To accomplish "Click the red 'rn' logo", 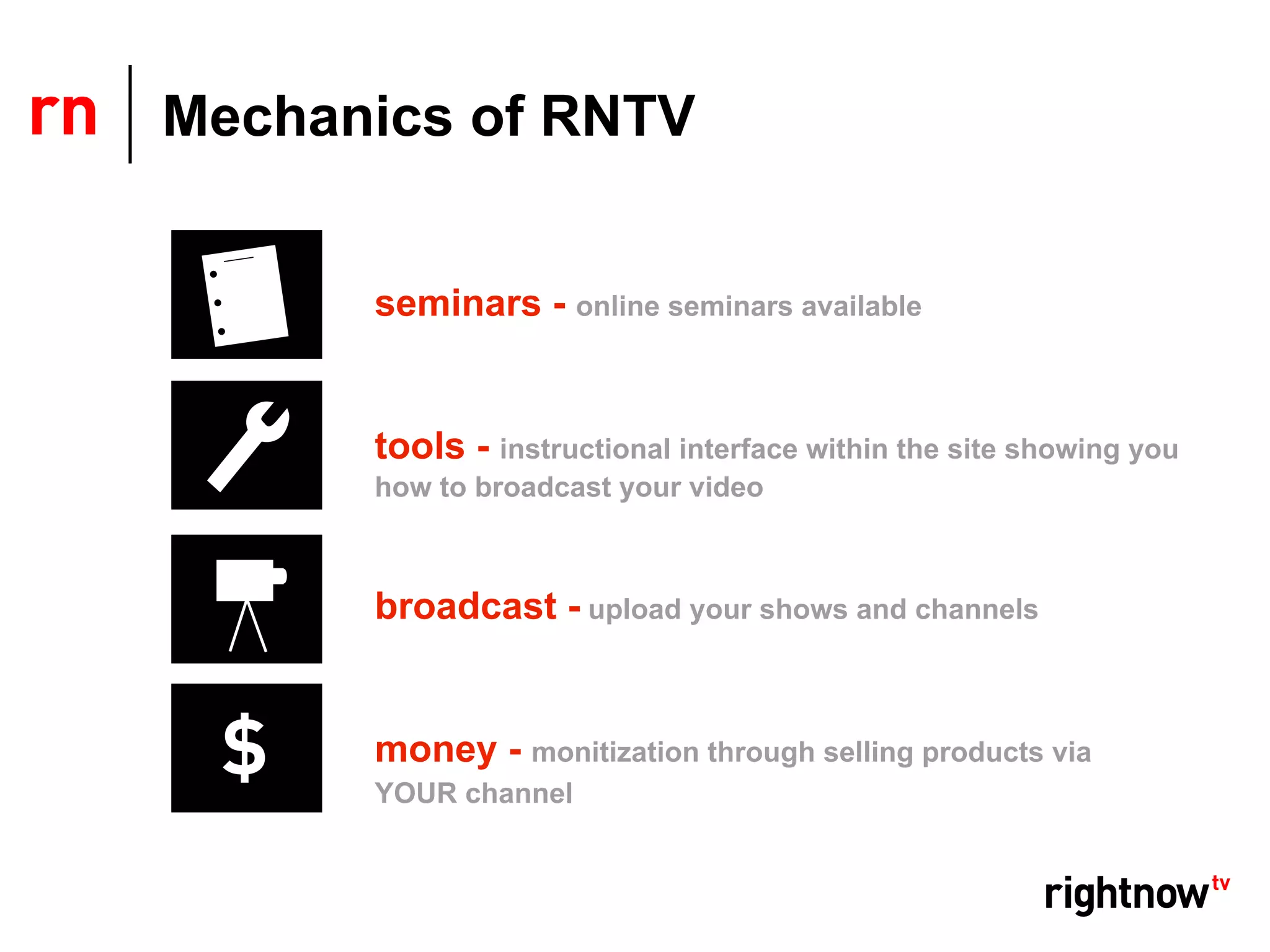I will click(64, 115).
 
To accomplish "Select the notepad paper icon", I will click(246, 295).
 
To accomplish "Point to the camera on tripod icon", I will click(248, 599).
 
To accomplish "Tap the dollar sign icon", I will click(245, 747).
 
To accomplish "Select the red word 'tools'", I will click(420, 446).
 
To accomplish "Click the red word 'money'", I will click(436, 750).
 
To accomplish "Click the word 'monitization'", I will click(615, 752).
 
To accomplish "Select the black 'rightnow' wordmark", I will click(1126, 895).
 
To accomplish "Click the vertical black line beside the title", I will click(130, 114).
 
